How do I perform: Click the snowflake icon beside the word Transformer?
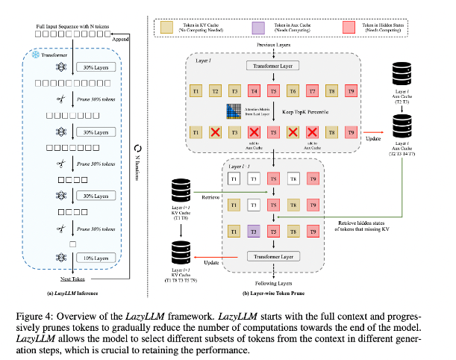[34, 55]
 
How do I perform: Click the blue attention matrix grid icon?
[231, 111]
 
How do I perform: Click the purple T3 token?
[254, 232]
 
